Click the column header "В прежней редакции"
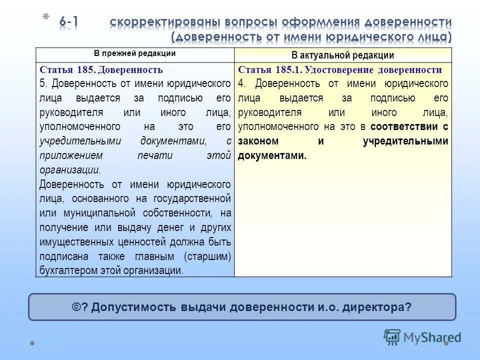(135, 53)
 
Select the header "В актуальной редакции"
(343, 55)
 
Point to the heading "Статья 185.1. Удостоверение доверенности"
(340, 70)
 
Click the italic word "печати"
(155, 155)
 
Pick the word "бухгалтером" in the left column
(63, 271)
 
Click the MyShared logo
(422, 337)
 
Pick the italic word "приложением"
(71, 155)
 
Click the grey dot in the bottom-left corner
(32, 343)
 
